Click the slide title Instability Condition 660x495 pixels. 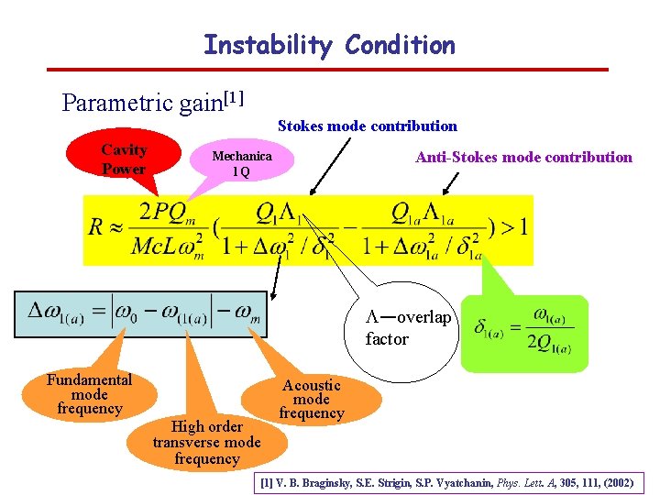pos(329,44)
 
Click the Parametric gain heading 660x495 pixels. pos(151,101)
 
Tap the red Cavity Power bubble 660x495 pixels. pos(124,159)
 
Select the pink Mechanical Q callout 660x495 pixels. pos(241,163)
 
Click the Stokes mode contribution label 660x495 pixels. pos(367,126)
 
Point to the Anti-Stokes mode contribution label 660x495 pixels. pos(523,157)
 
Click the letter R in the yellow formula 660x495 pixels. pos(95,227)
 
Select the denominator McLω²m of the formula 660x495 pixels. pos(168,246)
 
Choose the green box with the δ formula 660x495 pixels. pos(525,331)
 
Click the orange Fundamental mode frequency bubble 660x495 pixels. pos(90,394)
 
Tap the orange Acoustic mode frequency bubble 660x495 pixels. pos(312,399)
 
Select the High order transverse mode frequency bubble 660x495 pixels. pos(207,442)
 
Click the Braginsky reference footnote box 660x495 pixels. pos(448,480)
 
